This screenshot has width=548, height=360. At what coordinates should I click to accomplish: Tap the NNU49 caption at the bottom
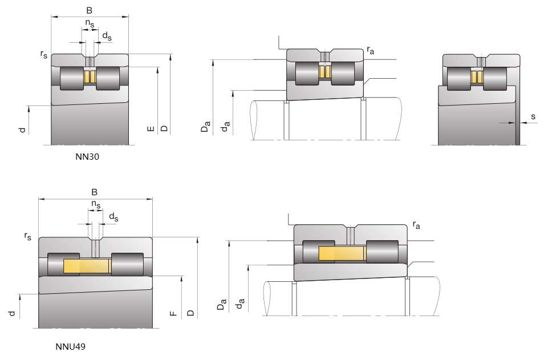70,346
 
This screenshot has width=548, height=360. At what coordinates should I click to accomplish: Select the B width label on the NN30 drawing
88,10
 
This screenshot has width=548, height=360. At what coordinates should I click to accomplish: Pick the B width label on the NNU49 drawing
95,192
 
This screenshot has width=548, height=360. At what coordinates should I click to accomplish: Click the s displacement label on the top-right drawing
533,117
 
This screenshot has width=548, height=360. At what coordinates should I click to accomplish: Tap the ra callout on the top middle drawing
371,51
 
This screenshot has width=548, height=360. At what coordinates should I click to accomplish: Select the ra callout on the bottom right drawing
416,225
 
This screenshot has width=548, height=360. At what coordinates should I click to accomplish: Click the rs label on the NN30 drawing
43,54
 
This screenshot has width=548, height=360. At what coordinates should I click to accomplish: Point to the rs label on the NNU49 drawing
27,236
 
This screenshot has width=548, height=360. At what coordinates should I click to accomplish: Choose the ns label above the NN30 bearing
90,23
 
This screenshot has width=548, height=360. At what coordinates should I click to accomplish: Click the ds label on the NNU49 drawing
113,217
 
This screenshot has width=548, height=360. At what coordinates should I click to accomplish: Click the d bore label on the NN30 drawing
22,130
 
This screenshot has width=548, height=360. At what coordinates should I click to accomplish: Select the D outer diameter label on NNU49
190,313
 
